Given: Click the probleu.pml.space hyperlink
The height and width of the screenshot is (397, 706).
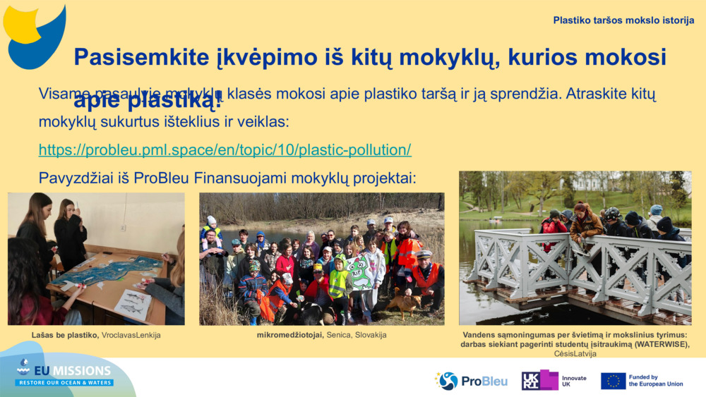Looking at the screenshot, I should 225,150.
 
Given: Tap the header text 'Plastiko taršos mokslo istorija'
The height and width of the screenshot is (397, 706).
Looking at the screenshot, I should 623,20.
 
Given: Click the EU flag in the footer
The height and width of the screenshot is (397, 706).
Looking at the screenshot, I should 613,381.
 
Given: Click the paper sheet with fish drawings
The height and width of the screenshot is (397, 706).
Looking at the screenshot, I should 133,304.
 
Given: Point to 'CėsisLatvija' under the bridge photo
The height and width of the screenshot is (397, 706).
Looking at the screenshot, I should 575,353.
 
